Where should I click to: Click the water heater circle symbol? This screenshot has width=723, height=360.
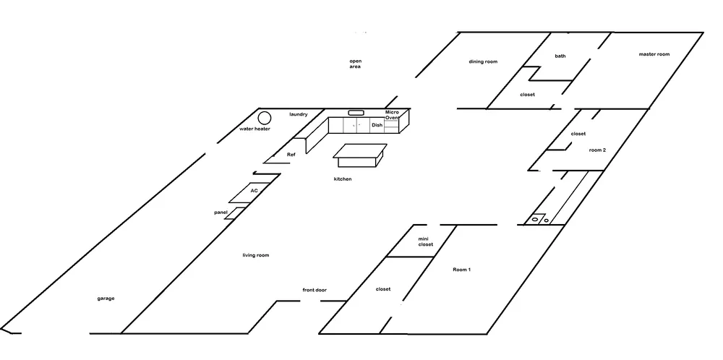pos(265,118)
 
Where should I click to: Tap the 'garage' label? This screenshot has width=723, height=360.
pos(106,299)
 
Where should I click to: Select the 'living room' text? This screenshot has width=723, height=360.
pos(256,255)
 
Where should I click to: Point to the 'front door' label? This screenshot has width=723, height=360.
pos(315,290)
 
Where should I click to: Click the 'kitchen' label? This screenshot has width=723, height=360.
pos(343,179)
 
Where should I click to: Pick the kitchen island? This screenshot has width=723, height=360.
pos(360,154)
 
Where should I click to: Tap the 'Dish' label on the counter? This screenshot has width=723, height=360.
pos(377,125)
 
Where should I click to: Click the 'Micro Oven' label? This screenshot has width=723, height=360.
pos(393,116)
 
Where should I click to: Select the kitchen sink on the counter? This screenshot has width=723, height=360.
pos(356,113)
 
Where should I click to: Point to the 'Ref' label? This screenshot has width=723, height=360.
pos(291,155)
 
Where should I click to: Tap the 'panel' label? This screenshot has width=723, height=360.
pos(221,213)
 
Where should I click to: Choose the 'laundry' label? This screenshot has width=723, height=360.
pos(299,114)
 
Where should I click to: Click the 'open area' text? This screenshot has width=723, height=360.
pos(355,64)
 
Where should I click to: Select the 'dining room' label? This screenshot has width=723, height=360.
pos(483,61)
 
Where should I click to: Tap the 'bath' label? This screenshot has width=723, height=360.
pos(560,56)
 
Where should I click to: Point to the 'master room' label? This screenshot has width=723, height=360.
pos(654,54)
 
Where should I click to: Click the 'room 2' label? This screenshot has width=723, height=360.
pos(597,150)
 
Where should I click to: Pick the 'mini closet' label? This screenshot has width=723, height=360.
pos(426,241)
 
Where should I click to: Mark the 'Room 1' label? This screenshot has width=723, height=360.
pos(461,270)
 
